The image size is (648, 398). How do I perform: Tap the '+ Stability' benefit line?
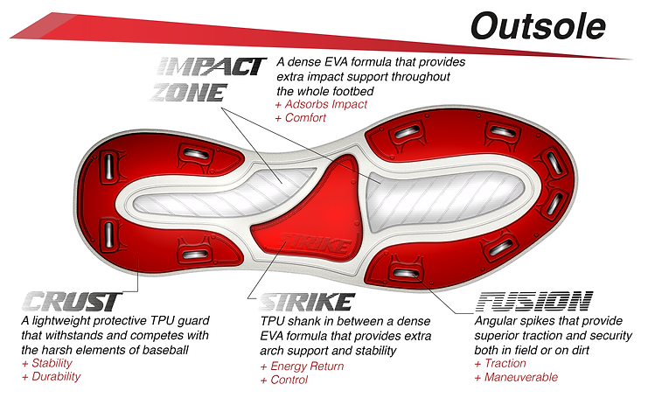[47, 363]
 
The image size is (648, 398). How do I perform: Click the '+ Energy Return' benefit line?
[301, 367]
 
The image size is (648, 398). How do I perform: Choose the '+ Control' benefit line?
[283, 381]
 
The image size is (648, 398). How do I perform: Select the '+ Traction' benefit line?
[500, 363]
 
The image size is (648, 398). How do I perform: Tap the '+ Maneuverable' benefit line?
[516, 377]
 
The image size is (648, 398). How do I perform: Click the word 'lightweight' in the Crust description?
[62, 321]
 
